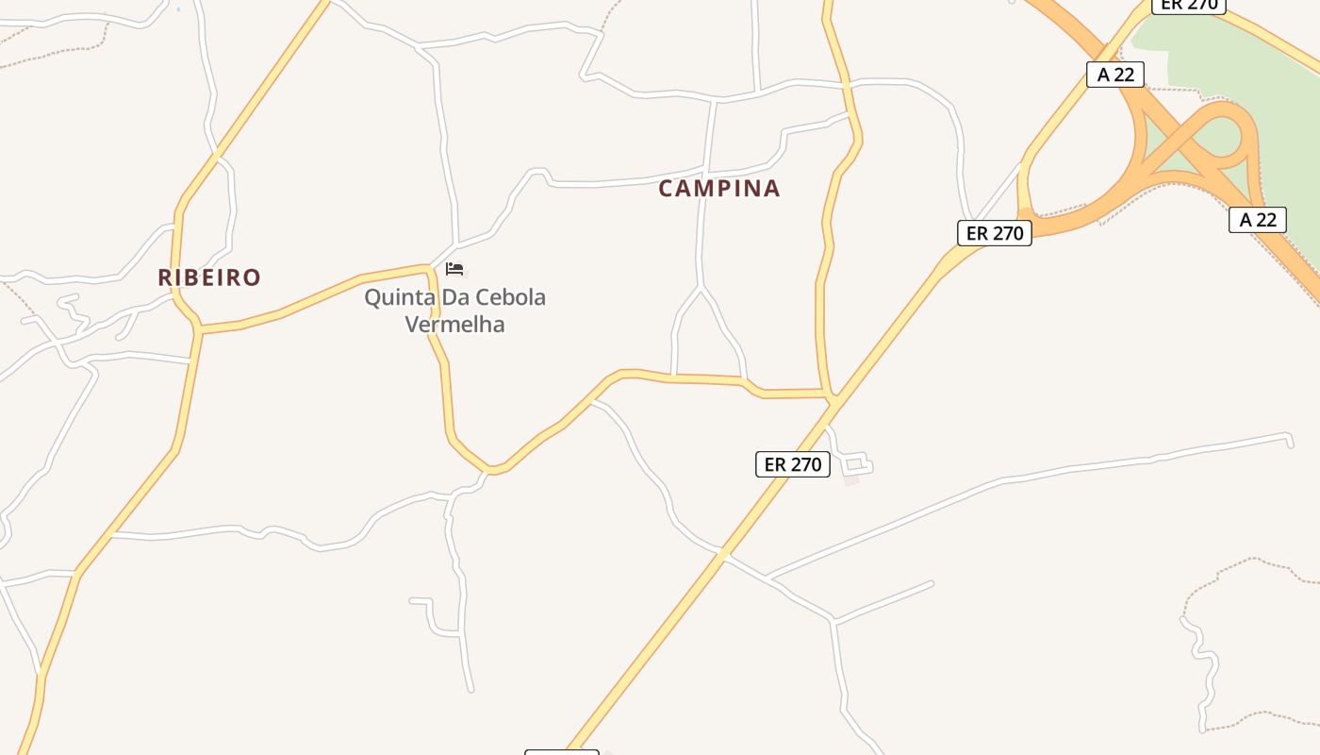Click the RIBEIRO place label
coord(208,277)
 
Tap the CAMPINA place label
coord(719,189)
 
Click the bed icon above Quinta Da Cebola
coord(454,269)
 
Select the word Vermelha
coord(454,325)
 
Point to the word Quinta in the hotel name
coord(396,297)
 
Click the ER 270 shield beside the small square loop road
coord(793,464)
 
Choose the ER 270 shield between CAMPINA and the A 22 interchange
coord(995,233)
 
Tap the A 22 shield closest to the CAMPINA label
coord(1115,75)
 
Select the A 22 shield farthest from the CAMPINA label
coord(1258,220)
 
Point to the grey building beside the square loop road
coord(850,479)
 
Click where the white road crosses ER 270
coord(723,554)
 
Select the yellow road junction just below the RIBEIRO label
coord(199,329)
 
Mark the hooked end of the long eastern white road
coord(1289,438)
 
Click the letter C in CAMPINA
coord(667,189)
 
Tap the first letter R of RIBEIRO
coord(165,277)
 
